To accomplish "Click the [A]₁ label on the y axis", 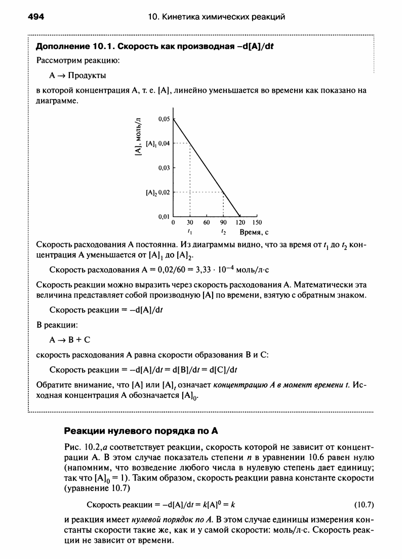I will coord(150,143).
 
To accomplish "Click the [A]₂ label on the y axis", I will coord(150,193).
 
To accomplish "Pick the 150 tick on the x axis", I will coord(257,222).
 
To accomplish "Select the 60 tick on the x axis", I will coord(207,222).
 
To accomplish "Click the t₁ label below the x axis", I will coord(189,231).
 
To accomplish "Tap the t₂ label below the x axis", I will coord(223,231).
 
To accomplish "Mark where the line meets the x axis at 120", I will coord(240,216).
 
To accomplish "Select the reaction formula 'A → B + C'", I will coord(66,339).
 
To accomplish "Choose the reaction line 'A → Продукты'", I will coord(77,76).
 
